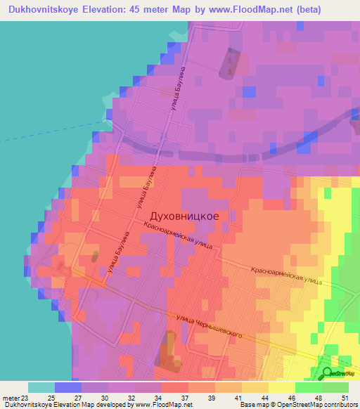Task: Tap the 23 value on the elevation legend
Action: [x=27, y=397]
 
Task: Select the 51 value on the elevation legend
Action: [x=346, y=397]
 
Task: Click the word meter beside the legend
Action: [x=11, y=397]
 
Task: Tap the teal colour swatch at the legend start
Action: [x=41, y=387]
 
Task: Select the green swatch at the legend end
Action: [x=335, y=387]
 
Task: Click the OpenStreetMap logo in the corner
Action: [x=338, y=374]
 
